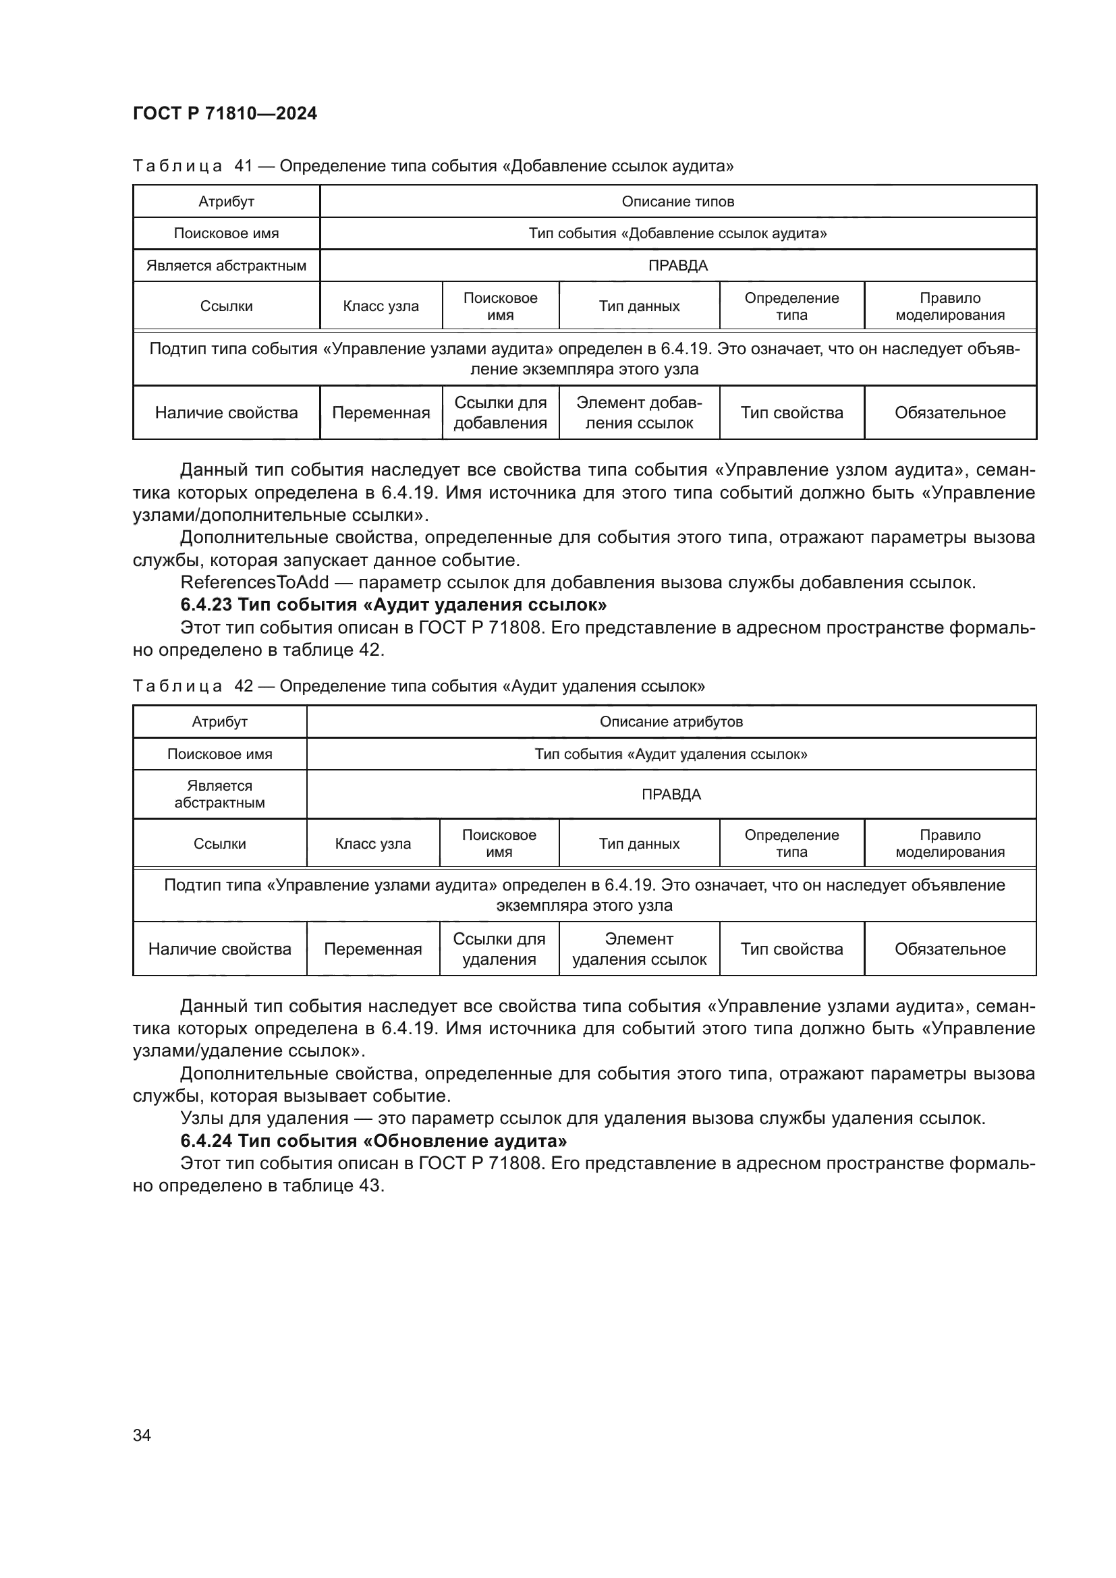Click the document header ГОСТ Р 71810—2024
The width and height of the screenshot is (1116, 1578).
[225, 113]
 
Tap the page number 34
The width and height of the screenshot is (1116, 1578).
[142, 1435]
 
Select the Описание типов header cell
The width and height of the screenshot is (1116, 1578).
[677, 201]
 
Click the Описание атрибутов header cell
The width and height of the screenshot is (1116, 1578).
[671, 722]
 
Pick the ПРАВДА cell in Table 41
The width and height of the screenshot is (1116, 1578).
[677, 265]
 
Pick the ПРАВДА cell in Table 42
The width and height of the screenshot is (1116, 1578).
[671, 795]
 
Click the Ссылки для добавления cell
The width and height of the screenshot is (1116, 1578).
[500, 412]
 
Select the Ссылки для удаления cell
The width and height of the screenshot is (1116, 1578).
[499, 949]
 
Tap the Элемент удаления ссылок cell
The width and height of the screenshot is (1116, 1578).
[639, 949]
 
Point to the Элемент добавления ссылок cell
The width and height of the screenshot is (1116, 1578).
[639, 412]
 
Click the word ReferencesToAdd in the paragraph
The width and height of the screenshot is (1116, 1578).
[254, 582]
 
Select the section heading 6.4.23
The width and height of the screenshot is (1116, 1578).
[393, 604]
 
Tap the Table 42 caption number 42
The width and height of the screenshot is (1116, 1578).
[244, 686]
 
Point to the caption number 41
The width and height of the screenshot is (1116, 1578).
[244, 166]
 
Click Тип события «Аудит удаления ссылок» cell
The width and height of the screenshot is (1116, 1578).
[671, 754]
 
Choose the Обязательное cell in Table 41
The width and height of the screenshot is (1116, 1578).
[950, 412]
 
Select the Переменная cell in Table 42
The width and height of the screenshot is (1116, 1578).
[372, 949]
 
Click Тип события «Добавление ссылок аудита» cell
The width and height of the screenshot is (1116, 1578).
[677, 233]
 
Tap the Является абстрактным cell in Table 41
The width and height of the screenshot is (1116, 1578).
[226, 265]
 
